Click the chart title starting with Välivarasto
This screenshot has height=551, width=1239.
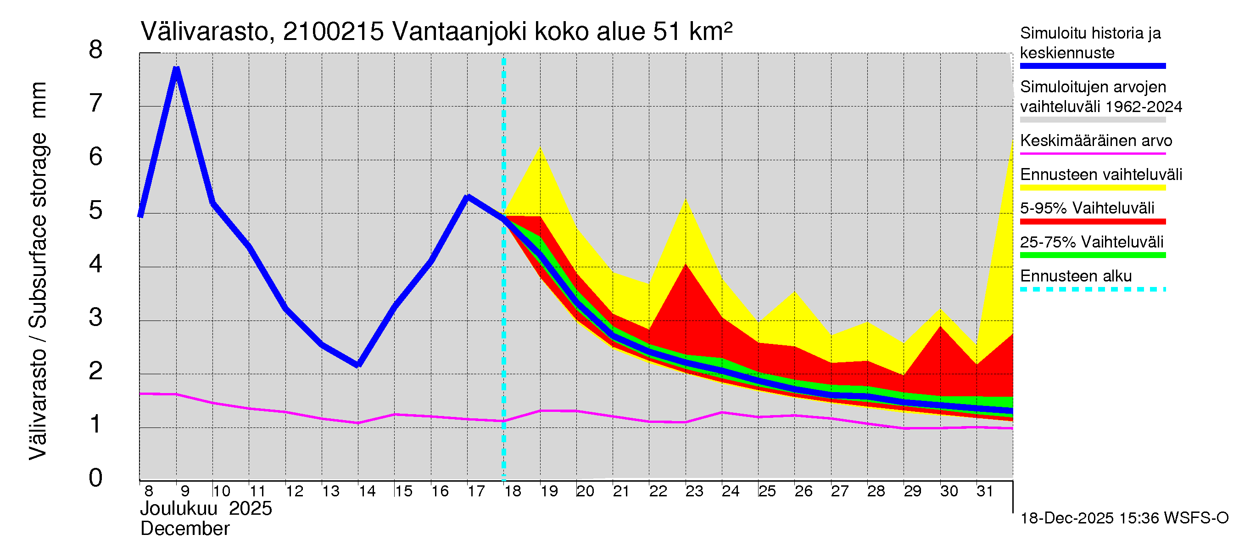(436, 32)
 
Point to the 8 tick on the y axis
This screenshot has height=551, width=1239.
(96, 50)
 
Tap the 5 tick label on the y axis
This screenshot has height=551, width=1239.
(96, 211)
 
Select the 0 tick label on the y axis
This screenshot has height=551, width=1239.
(96, 478)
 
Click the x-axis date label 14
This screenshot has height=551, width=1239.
(367, 491)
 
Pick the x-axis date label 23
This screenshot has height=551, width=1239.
(694, 491)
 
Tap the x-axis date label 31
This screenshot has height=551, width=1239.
(985, 491)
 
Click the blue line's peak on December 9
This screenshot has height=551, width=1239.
(177, 70)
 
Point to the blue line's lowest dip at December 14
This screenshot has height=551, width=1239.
(358, 365)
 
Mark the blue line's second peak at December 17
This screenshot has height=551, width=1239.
(468, 197)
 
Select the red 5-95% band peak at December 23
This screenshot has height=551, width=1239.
(686, 264)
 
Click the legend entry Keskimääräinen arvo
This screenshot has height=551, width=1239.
(1096, 141)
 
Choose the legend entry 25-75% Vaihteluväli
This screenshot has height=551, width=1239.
(1091, 242)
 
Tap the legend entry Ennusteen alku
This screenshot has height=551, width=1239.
(1076, 276)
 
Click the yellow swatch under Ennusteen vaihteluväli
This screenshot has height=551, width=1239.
(1092, 188)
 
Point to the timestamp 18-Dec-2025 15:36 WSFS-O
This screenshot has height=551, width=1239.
(1124, 518)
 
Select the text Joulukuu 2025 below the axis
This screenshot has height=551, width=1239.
(206, 509)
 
